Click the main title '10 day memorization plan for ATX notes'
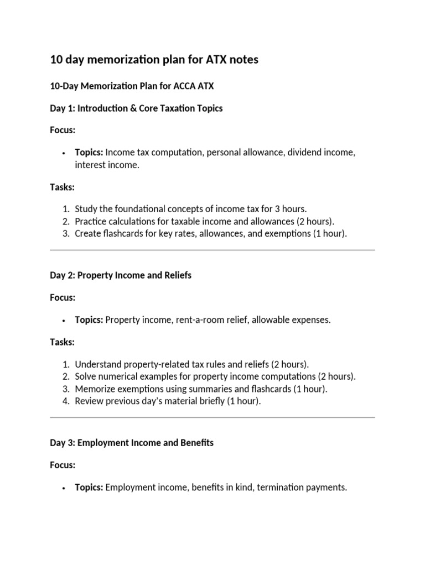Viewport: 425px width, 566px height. pos(154,60)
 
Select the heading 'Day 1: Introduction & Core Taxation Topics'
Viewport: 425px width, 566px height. pos(136,108)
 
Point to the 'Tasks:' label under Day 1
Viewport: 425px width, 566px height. pos(62,187)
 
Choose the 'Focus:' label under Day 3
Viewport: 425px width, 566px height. pos(63,465)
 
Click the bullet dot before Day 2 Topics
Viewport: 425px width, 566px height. pos(65,321)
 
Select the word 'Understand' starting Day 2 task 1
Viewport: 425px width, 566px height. pos(98,364)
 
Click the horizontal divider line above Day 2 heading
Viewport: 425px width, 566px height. pos(212,250)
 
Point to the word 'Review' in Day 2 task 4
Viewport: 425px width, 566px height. pos(89,401)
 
